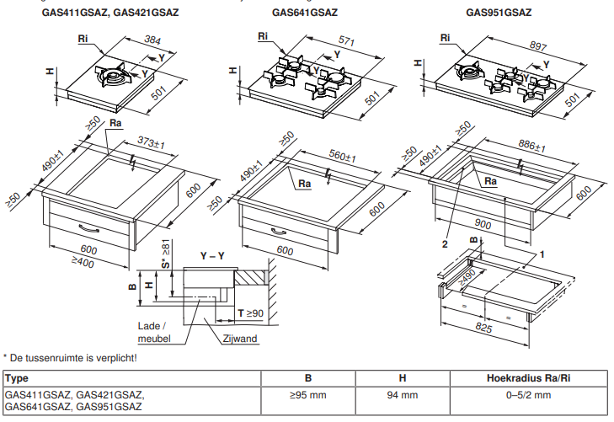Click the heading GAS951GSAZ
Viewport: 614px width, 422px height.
point(499,13)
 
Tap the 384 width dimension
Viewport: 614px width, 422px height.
point(152,40)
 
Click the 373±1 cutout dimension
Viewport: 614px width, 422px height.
point(150,145)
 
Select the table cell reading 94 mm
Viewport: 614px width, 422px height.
point(402,394)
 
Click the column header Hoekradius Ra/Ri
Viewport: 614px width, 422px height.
point(518,378)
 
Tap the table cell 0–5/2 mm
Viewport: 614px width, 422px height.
point(518,394)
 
